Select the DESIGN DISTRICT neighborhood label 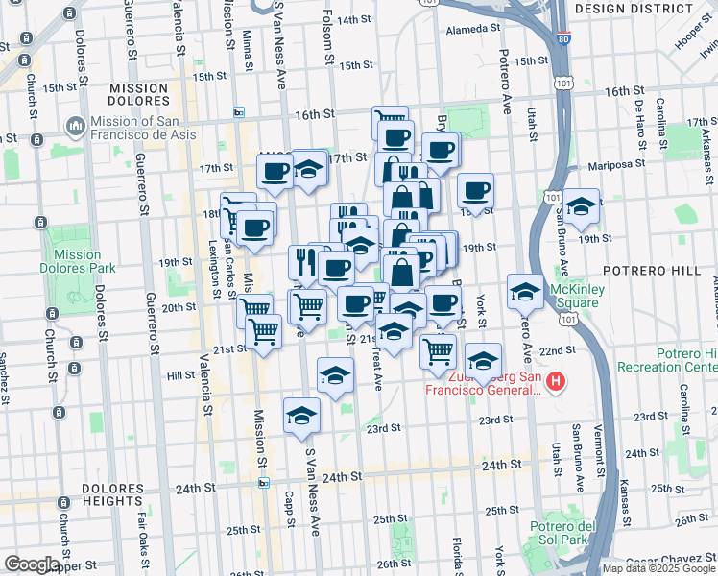[633, 8]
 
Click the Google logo [32, 564]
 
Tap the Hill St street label [180, 377]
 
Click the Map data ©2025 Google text [658, 568]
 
